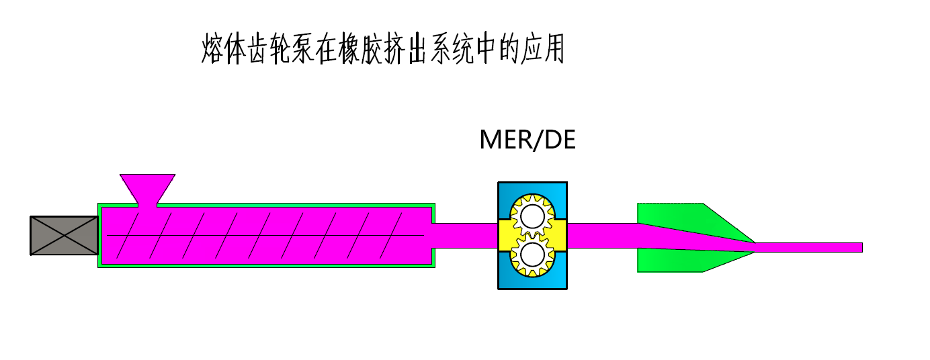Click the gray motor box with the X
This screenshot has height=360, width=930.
[x=64, y=235]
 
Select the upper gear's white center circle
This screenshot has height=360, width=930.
[x=532, y=216]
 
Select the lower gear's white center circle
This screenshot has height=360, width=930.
[x=532, y=255]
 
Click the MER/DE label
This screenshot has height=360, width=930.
[x=527, y=140]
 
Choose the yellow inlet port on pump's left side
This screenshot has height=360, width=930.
[x=505, y=235]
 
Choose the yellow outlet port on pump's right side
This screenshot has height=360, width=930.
[x=559, y=235]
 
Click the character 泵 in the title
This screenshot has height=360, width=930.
[x=304, y=48]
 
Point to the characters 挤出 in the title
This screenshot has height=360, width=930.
[x=408, y=48]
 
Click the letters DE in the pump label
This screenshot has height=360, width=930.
[x=559, y=140]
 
